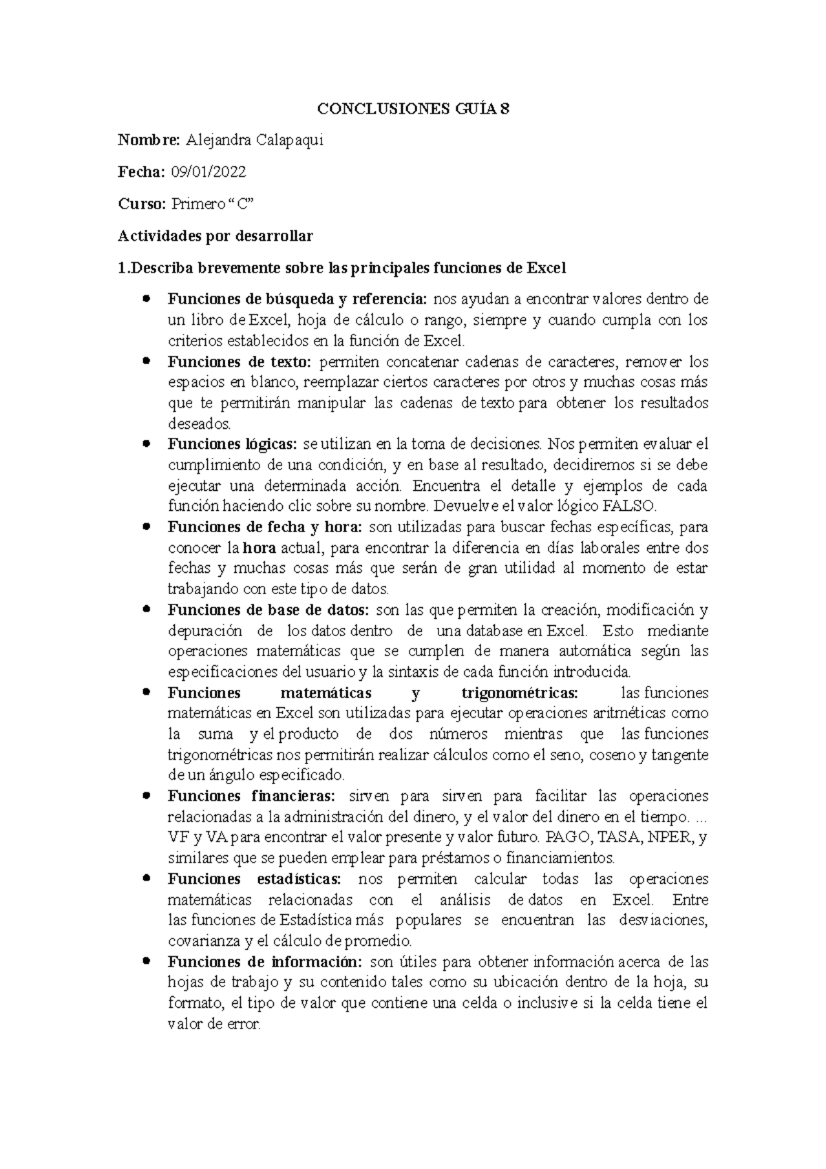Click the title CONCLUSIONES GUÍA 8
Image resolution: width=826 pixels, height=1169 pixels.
[x=413, y=109]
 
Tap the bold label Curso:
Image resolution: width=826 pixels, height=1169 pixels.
[x=141, y=204]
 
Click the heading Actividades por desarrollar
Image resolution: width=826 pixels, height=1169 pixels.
[x=215, y=236]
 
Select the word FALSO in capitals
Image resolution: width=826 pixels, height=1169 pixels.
[x=630, y=507]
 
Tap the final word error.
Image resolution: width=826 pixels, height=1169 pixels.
[x=244, y=1024]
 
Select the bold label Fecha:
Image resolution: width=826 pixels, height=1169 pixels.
[x=141, y=172]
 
